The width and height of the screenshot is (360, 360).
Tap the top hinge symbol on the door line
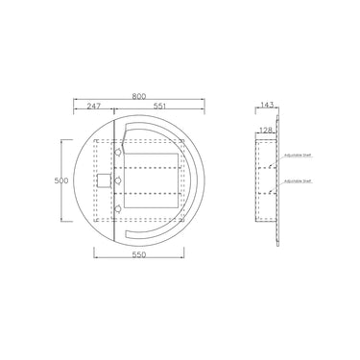coord(118,151)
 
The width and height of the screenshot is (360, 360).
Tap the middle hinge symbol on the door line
coord(118,180)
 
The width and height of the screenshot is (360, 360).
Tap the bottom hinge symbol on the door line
coord(118,207)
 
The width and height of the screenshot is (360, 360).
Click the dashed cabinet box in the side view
coord(265,180)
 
